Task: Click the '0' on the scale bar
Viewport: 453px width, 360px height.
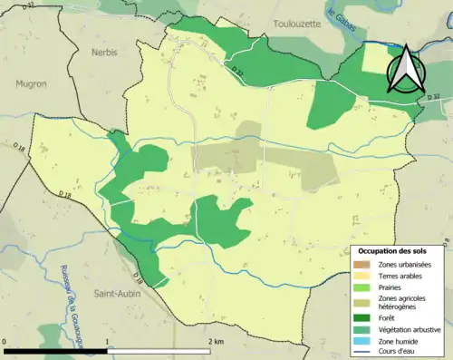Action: point(5,341)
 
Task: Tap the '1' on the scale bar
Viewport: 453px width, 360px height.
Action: point(109,341)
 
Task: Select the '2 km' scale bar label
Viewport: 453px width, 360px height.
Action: point(216,341)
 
